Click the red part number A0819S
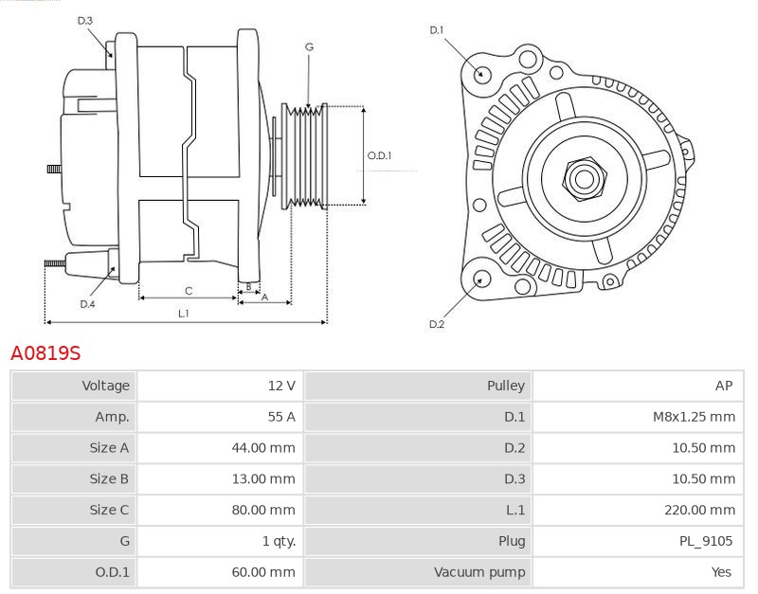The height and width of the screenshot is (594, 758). click(x=45, y=353)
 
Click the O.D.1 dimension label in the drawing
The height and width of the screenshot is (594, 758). click(x=379, y=156)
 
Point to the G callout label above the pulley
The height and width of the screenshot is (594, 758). click(x=309, y=46)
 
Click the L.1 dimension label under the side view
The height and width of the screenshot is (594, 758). click(x=183, y=313)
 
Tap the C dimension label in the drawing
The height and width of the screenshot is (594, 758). click(x=189, y=290)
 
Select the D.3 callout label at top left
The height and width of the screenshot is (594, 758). click(x=85, y=20)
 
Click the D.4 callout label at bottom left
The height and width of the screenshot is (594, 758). click(x=87, y=304)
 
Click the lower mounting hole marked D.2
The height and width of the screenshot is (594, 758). click(x=480, y=279)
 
